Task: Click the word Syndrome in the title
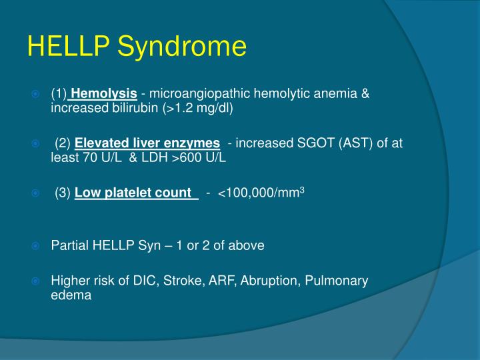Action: [182, 46]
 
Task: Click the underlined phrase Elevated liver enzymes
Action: [147, 143]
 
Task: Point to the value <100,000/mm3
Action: [261, 193]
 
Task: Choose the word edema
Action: [71, 295]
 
